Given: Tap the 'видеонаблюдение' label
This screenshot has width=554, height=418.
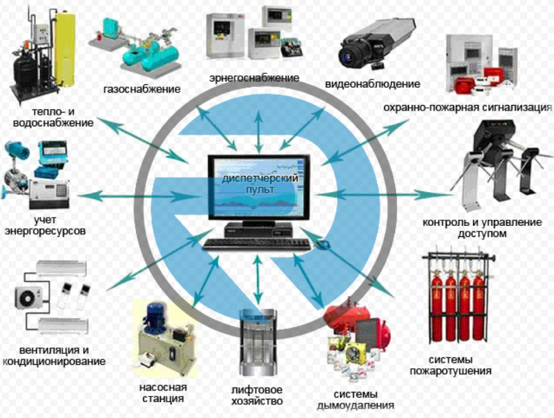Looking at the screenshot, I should point(372,84).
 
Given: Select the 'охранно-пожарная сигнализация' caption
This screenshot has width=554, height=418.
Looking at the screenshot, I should point(468,108).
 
